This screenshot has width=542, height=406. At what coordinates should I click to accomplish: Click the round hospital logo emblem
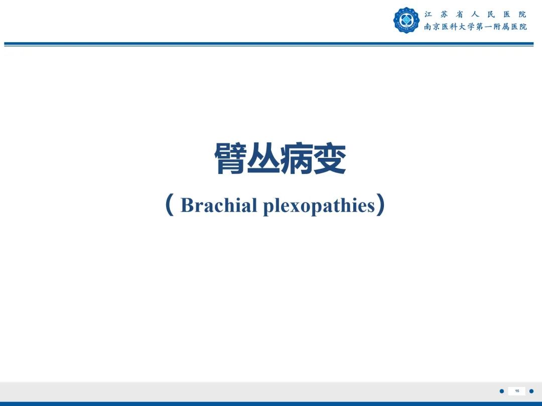pos(406,21)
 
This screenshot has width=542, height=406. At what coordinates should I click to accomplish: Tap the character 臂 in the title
pos(230,159)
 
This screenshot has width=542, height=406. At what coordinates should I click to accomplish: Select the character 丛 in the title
pos(263,159)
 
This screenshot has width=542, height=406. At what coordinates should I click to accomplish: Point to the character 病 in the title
pos(297,159)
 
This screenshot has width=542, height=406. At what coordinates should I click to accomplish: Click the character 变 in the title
pos(330,159)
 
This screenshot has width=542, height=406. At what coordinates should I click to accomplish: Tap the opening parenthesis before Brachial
pos(170,206)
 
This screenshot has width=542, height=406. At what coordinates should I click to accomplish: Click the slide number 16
pos(517,391)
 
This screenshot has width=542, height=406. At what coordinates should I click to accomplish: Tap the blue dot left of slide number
pos(501,391)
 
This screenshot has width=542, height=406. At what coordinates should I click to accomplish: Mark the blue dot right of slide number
pos(531,391)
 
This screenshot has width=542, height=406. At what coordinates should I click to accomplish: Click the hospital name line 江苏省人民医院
pos(475,15)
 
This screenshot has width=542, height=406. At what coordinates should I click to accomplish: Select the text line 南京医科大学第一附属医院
pos(475,27)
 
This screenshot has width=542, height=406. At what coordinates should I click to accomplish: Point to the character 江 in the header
pos(428,15)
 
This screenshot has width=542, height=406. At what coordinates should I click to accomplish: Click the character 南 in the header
pos(428,27)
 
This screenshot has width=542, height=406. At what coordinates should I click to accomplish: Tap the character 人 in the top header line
pos(475,15)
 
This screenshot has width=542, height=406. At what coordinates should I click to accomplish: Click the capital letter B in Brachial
pos(187,206)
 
